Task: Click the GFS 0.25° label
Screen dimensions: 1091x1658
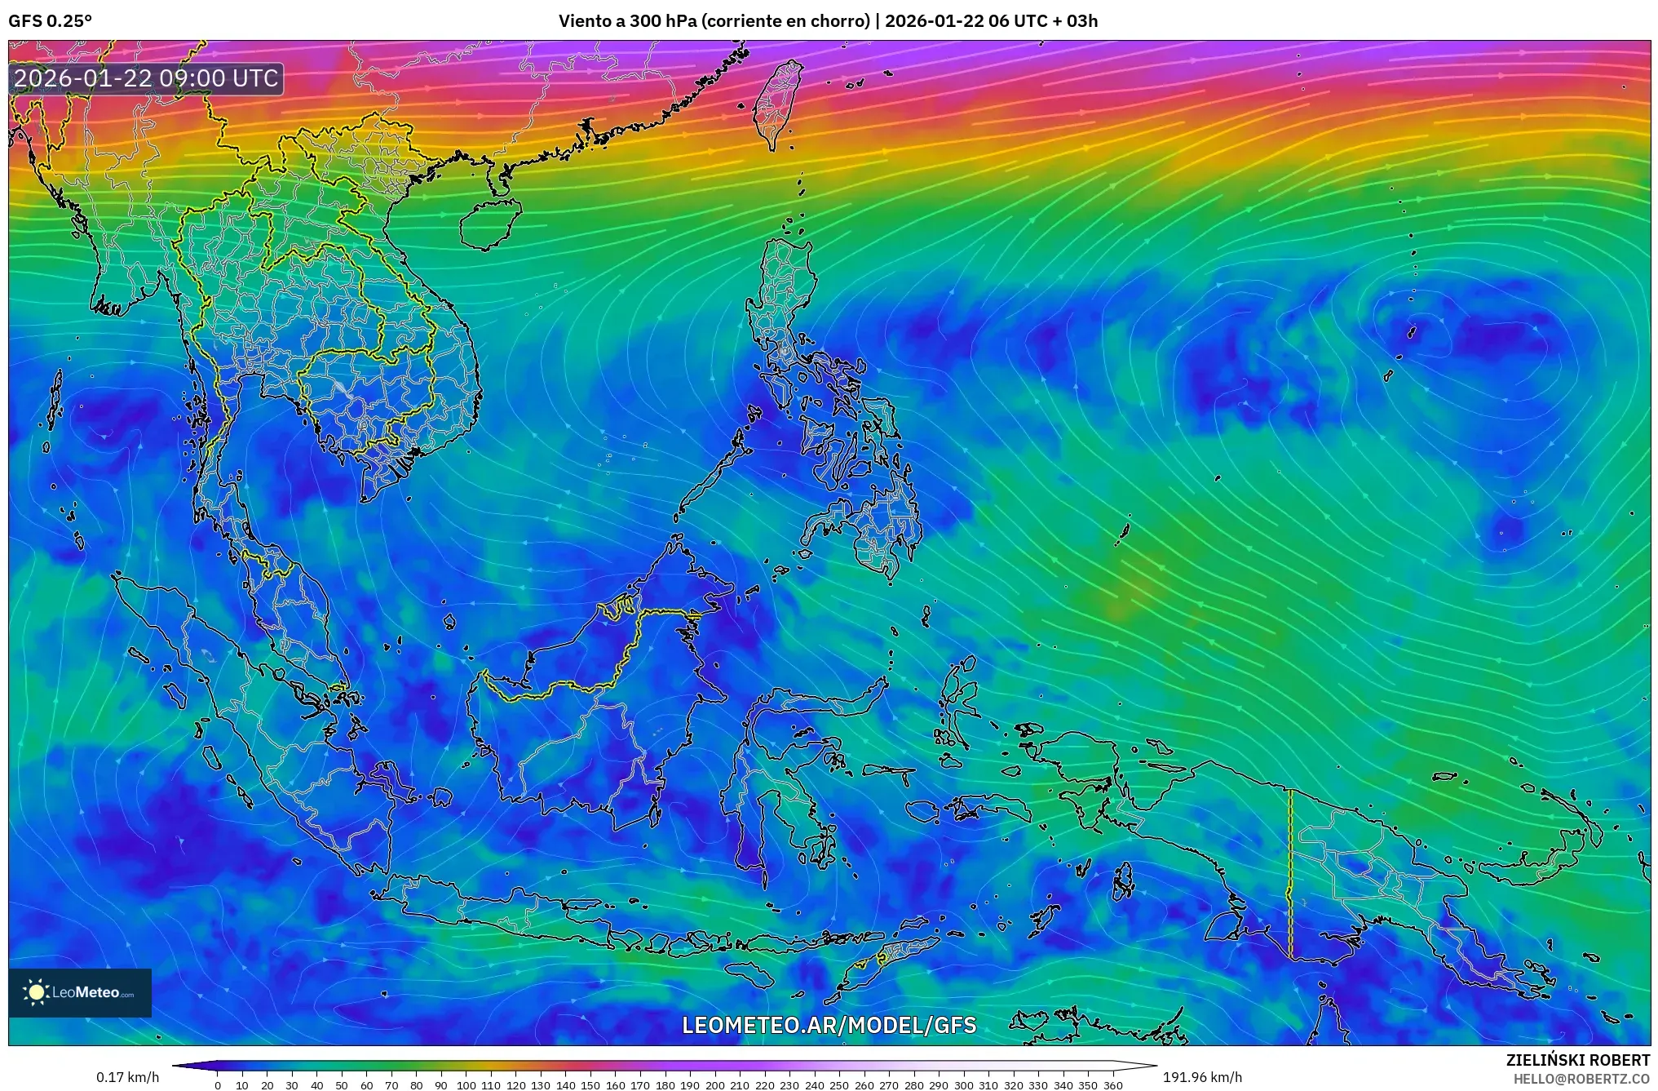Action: [50, 21]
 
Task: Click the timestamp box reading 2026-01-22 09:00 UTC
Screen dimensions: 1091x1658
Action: [147, 78]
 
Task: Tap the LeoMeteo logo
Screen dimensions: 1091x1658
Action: [80, 992]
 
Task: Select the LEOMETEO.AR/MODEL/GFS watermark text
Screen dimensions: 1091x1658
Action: [829, 1025]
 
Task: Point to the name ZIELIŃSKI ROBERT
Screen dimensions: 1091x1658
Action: [1577, 1060]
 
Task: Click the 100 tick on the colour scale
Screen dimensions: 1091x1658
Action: [466, 1085]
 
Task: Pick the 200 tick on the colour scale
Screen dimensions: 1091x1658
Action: [714, 1085]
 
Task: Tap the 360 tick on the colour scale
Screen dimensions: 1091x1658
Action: [1113, 1085]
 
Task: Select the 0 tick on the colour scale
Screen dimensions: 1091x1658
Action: [217, 1085]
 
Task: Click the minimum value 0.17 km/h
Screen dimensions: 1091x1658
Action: [128, 1077]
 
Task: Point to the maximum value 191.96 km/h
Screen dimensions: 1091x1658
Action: [1202, 1077]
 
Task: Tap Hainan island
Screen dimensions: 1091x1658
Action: [489, 223]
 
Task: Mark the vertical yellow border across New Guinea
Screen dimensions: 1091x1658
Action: [1290, 873]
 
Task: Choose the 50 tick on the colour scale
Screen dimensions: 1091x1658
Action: [341, 1085]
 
